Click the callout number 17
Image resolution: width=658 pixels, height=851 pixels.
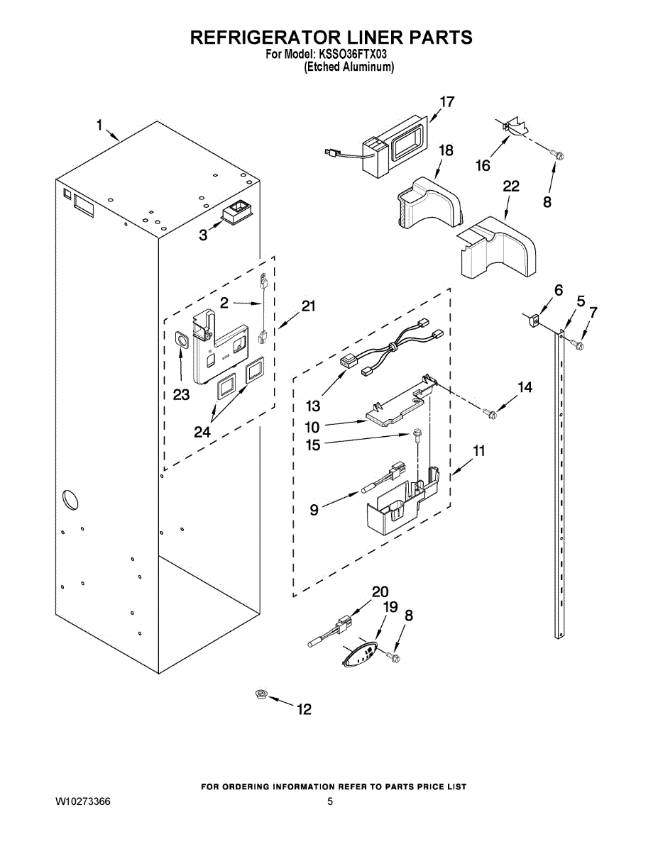click(x=446, y=102)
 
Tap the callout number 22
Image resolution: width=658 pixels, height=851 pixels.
click(x=511, y=187)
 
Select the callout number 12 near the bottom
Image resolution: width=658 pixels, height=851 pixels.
click(x=304, y=709)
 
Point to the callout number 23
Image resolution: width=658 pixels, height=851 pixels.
click(x=182, y=395)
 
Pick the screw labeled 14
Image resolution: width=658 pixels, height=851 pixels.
click(x=490, y=413)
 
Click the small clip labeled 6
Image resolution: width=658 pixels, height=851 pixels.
click(x=533, y=321)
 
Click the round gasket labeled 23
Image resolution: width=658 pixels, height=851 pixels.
click(x=182, y=340)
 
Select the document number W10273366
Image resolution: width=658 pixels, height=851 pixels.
click(x=83, y=801)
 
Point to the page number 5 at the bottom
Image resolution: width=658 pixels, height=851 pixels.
click(x=330, y=801)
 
